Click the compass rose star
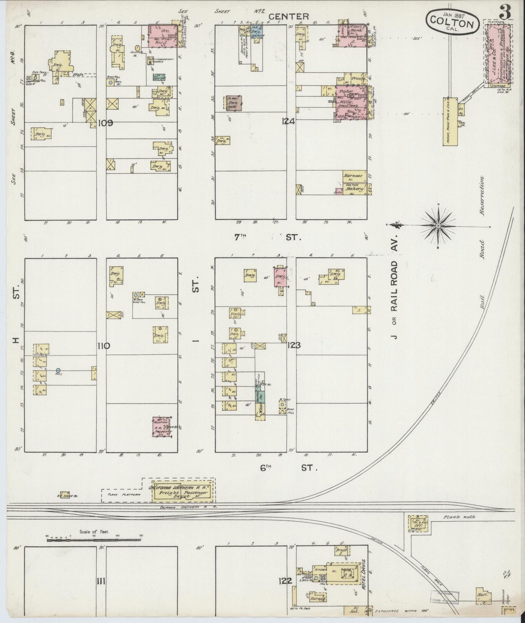click(x=438, y=226)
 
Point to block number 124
click(x=288, y=122)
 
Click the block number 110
click(x=104, y=346)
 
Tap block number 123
click(x=294, y=345)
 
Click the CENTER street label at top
click(x=289, y=16)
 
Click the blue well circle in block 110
click(x=58, y=370)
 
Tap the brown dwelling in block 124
click(x=235, y=103)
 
